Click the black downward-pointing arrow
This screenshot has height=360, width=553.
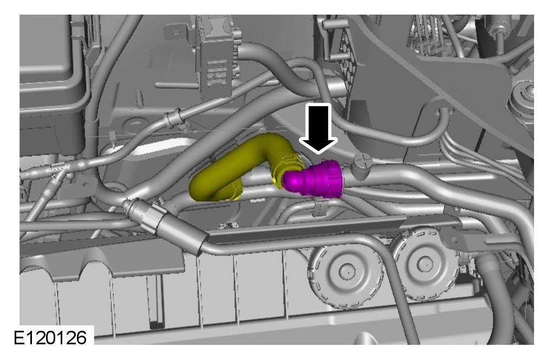pyautogui.click(x=318, y=128)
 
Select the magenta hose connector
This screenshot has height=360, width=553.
pyautogui.click(x=313, y=179)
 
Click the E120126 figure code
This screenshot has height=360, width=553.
pyautogui.click(x=50, y=337)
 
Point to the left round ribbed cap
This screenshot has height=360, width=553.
pyautogui.click(x=346, y=272)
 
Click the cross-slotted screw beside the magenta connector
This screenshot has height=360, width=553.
pyautogui.click(x=362, y=166)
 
